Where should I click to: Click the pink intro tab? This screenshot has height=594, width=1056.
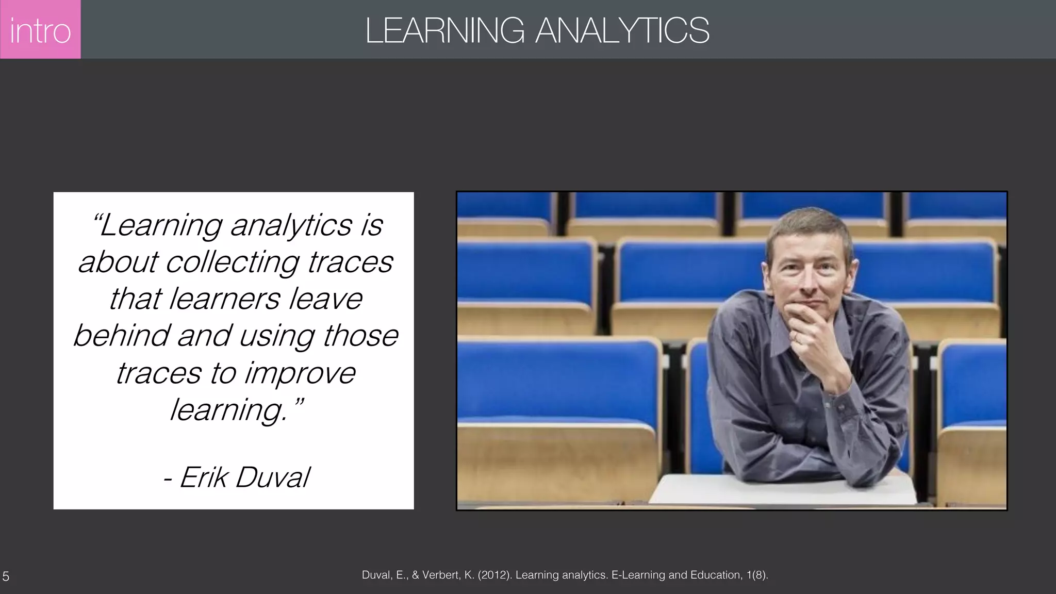click(40, 29)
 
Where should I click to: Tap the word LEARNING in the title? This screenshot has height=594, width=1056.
click(444, 30)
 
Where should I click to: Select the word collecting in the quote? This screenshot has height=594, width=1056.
click(233, 262)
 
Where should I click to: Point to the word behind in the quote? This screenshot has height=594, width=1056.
click(122, 336)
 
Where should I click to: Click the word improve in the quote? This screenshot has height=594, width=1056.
click(300, 373)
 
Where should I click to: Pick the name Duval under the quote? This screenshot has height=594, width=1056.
click(273, 477)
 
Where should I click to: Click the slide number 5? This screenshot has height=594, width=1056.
click(6, 576)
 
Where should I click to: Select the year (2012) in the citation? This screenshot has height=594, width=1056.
click(494, 575)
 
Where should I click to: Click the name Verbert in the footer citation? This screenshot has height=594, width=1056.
click(442, 575)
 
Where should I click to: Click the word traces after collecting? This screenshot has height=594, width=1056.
click(351, 262)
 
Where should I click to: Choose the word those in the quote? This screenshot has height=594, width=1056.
click(360, 336)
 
